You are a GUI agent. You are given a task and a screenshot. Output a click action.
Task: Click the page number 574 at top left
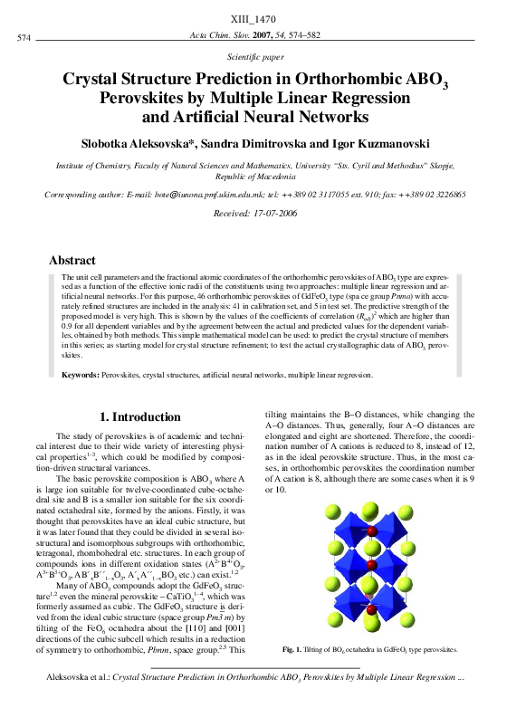point(24,37)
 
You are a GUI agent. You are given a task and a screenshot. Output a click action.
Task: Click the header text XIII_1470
point(263,18)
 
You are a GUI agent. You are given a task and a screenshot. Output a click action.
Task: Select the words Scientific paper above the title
point(263,55)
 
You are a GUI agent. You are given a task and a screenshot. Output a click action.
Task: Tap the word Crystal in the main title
point(98,80)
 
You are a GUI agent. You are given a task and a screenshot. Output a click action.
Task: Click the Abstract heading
point(72,260)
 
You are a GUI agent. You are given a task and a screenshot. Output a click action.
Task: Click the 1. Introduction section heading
point(139,417)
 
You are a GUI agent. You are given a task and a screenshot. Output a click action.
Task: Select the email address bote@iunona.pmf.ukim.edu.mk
point(186,194)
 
